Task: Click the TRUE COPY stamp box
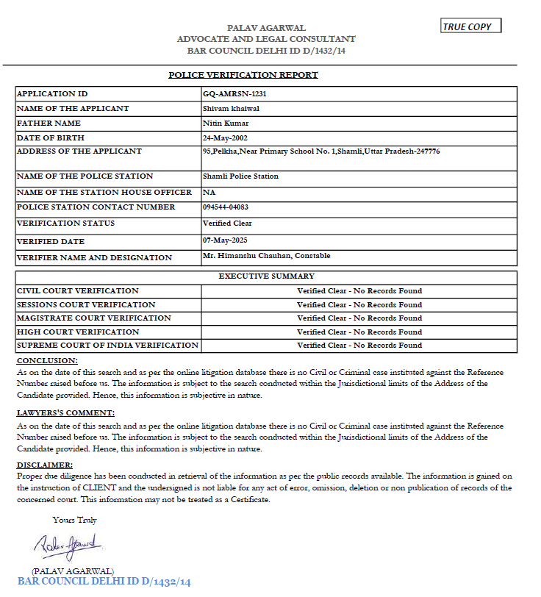point(470,26)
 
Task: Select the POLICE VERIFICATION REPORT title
point(243,75)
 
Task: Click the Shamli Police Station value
point(240,176)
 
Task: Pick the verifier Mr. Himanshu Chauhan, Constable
point(266,256)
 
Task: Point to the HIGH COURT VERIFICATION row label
point(77,332)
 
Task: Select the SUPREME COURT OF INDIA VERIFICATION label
point(107,345)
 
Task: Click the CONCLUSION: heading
point(47,361)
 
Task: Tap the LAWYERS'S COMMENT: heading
point(65,413)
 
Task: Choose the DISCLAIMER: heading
point(45,465)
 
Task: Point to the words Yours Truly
point(74,521)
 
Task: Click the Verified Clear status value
point(227,223)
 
